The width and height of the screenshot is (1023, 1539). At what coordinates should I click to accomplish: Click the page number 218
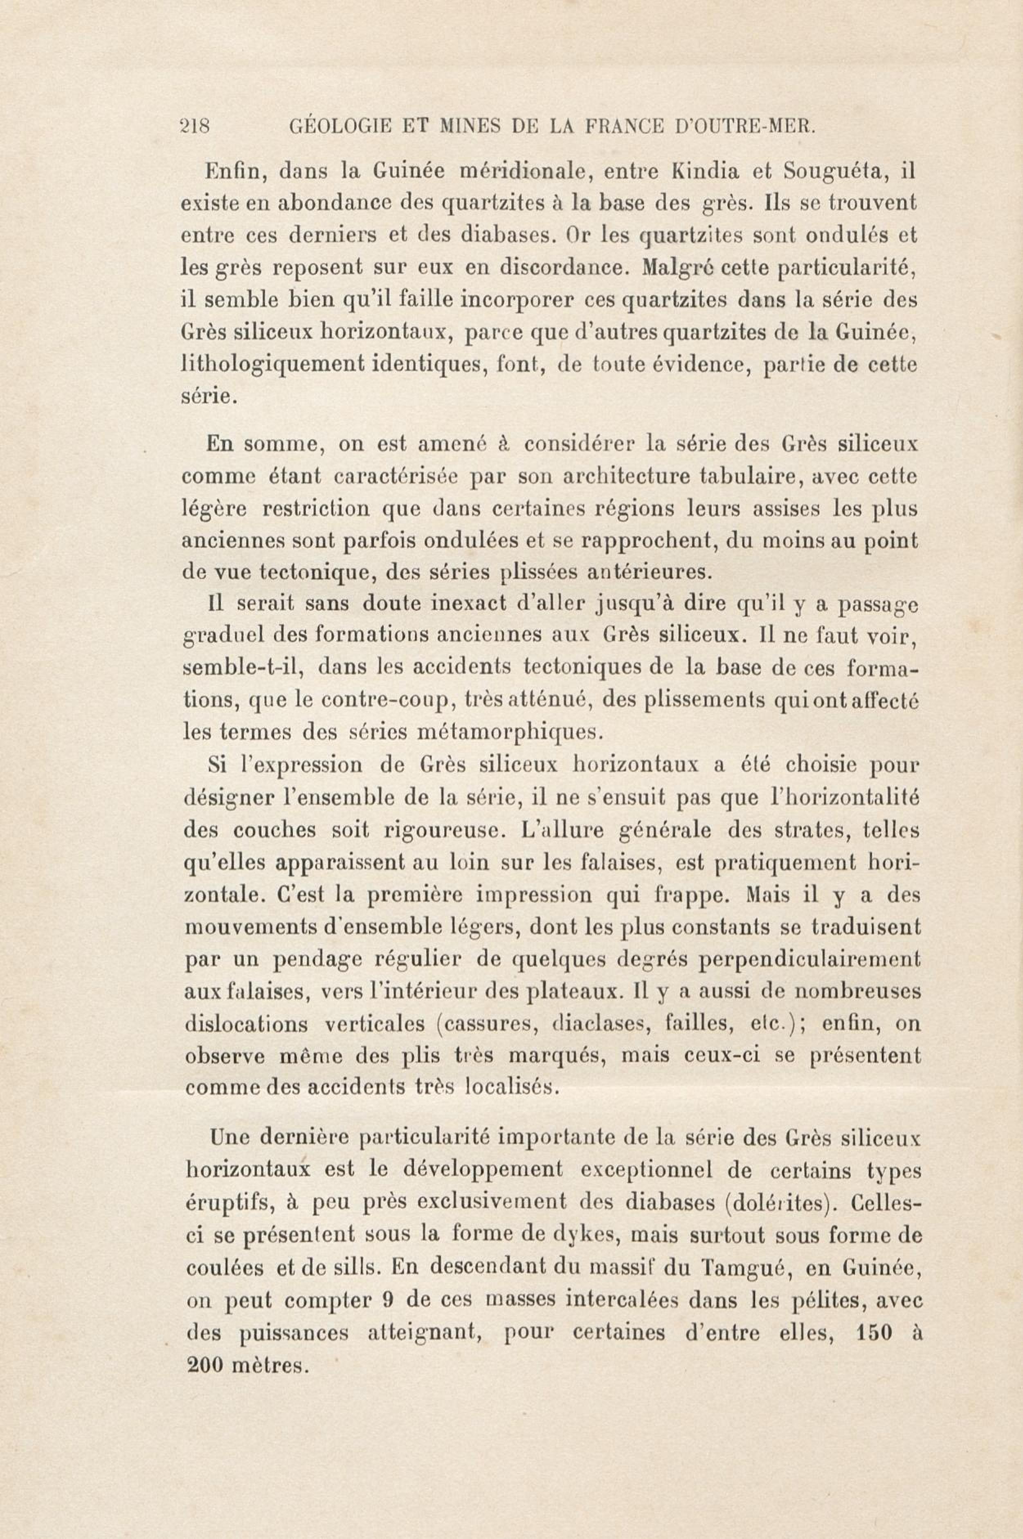tap(194, 126)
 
